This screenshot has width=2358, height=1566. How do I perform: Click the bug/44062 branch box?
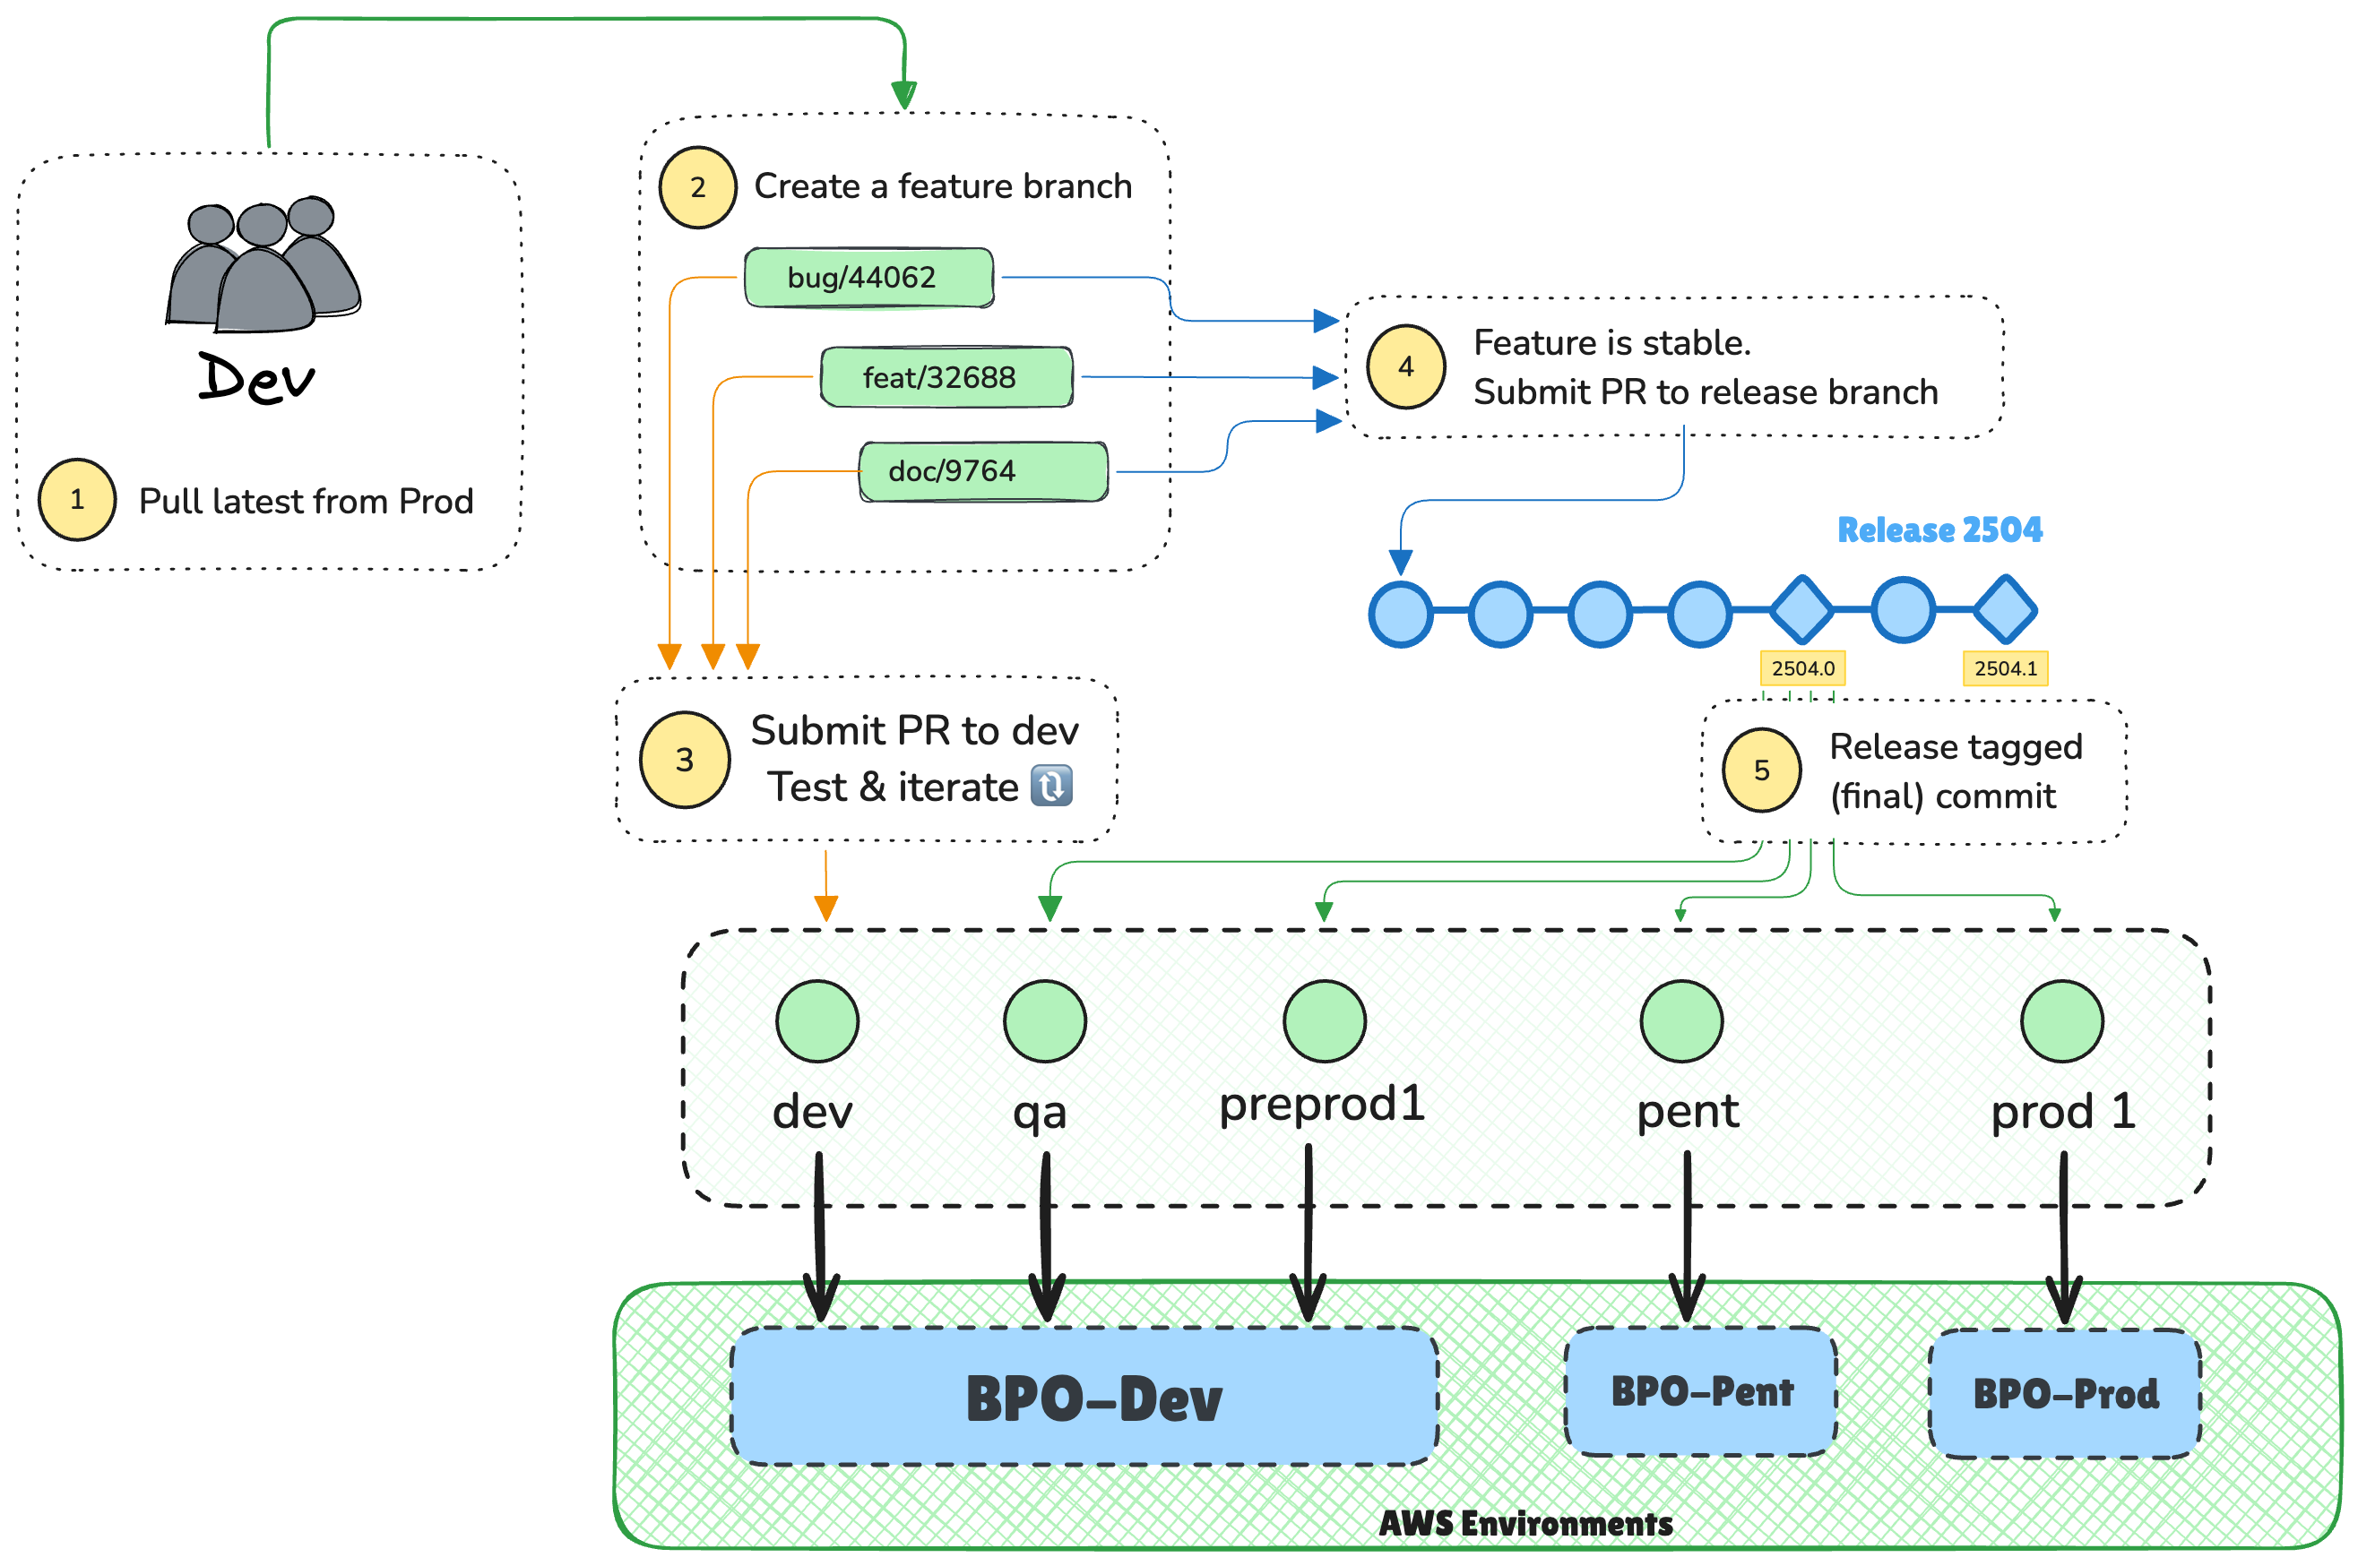(868, 278)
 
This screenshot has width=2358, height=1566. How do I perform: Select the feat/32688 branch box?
(946, 377)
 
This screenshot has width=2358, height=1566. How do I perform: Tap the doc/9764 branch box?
(983, 471)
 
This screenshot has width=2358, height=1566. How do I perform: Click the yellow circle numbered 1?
(77, 499)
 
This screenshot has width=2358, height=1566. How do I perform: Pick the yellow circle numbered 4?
(1404, 366)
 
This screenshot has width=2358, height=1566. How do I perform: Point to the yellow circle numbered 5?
(1760, 770)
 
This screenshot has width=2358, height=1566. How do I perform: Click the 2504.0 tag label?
(1801, 668)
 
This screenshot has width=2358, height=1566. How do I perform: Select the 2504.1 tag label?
(2004, 668)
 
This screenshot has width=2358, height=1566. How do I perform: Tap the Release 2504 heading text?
(1939, 529)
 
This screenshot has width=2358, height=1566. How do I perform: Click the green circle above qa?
(1044, 1020)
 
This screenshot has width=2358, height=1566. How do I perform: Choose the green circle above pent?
(1681, 1020)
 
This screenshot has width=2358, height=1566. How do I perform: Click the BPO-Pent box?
(1700, 1391)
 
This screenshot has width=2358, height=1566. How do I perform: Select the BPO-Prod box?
(2064, 1393)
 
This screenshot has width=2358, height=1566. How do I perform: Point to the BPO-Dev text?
(1093, 1398)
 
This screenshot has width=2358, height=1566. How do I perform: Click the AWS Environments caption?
(1524, 1524)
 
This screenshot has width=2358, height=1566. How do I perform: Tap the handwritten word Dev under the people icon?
(255, 379)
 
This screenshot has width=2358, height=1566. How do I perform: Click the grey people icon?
(262, 264)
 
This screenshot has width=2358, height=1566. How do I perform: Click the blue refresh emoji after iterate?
(1051, 786)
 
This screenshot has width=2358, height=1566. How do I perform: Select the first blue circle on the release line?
(1401, 615)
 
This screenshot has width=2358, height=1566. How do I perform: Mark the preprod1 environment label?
(1321, 1105)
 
